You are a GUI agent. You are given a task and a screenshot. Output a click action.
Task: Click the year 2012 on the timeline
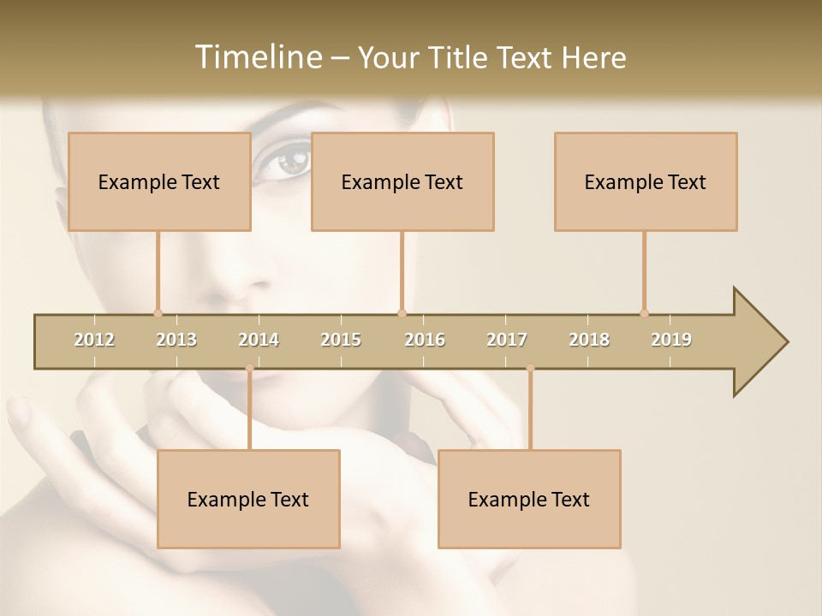tap(94, 340)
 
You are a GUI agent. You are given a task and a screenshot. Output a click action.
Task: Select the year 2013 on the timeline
tap(176, 340)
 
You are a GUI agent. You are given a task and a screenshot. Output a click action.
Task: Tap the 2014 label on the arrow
tap(259, 340)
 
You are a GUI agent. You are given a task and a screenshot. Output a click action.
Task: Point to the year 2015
tap(341, 340)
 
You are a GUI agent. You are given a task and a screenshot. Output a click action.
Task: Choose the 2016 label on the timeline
tap(425, 340)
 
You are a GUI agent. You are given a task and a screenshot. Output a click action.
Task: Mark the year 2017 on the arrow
tap(507, 340)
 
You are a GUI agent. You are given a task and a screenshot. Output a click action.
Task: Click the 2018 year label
tap(589, 340)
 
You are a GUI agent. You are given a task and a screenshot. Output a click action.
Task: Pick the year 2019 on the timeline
tap(671, 340)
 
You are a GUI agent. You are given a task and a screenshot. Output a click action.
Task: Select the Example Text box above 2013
tap(159, 181)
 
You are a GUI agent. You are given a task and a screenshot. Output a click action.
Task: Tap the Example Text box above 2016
tap(402, 181)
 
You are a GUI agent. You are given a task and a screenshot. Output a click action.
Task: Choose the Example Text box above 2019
tap(646, 181)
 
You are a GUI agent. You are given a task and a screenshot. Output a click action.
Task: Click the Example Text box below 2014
tap(248, 499)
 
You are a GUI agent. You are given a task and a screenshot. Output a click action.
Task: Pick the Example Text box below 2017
tap(529, 499)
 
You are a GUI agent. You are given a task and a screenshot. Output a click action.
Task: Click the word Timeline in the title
tap(257, 57)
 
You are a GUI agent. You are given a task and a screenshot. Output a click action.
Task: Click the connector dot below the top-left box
tap(158, 313)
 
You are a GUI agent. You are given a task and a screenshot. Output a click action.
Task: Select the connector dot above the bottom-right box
tap(530, 368)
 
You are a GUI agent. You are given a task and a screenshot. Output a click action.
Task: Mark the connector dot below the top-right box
tap(644, 313)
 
